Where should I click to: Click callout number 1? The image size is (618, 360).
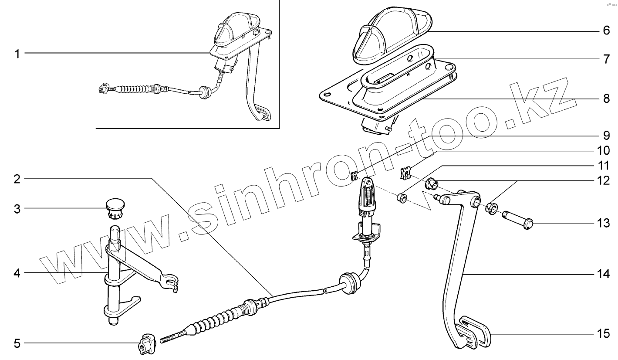(17, 54)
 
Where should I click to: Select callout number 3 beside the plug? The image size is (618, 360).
(17, 208)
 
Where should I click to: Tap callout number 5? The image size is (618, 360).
(17, 344)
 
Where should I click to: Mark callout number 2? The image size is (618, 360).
(17, 178)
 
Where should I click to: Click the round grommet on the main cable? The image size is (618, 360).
(350, 283)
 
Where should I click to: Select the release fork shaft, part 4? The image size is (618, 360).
(115, 275)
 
